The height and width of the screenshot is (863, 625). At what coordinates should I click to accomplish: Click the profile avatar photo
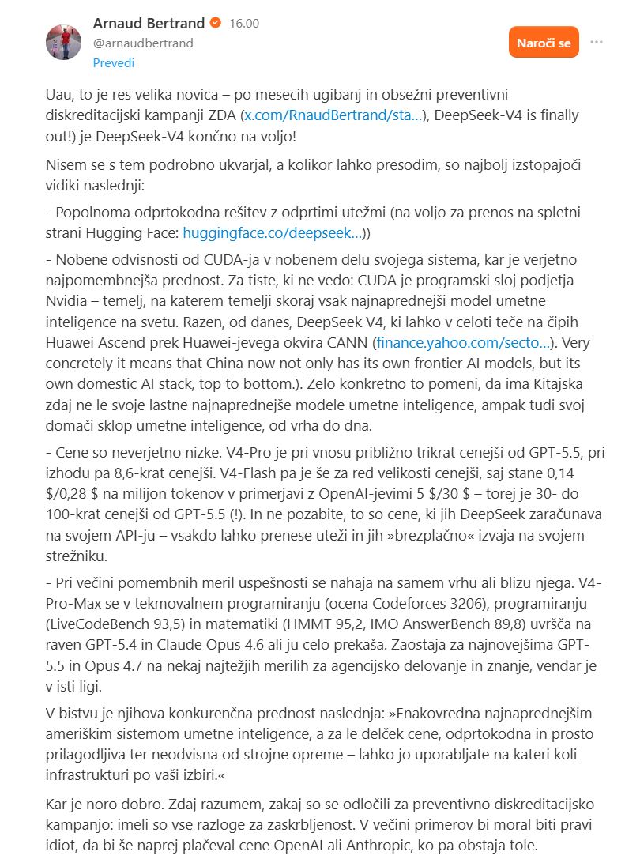[x=64, y=42]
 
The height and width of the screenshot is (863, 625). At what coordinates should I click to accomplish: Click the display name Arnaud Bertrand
[x=149, y=23]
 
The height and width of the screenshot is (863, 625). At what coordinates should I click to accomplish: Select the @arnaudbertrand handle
[x=143, y=43]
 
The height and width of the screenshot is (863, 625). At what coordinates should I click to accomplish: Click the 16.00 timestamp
[x=244, y=24]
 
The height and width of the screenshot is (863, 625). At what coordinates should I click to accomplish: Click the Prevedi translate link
[x=114, y=62]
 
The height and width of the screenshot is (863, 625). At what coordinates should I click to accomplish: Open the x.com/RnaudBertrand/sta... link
[x=332, y=115]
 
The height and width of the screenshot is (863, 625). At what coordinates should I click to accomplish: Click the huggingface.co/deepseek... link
[x=273, y=233]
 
